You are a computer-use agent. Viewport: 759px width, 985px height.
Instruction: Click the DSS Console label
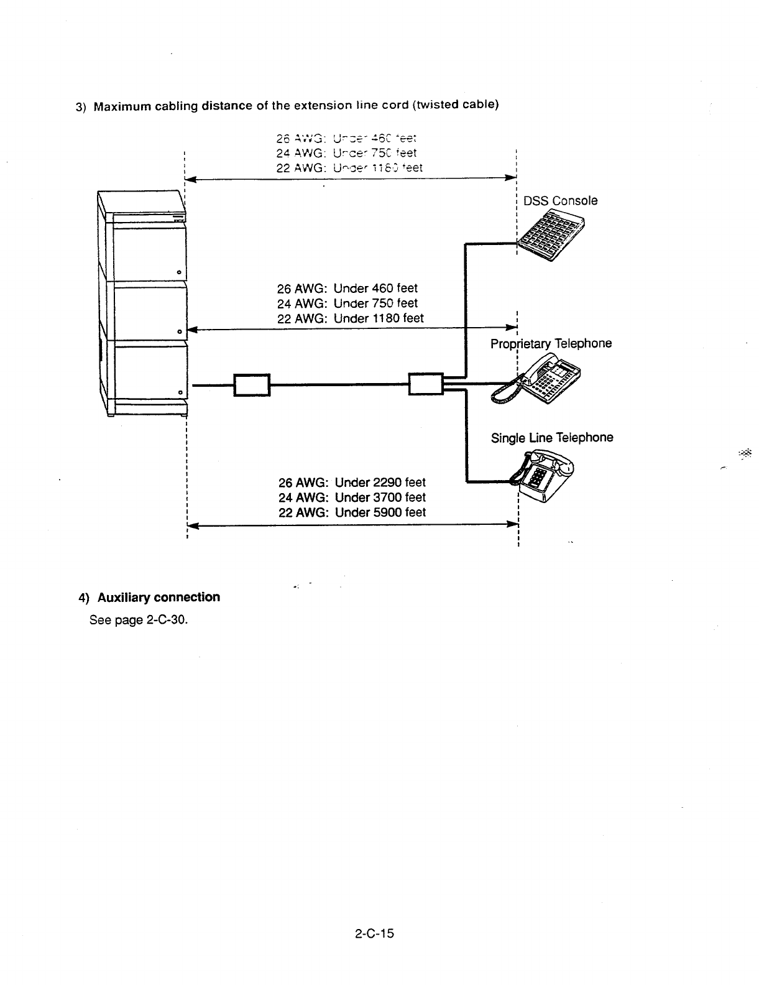[560, 201]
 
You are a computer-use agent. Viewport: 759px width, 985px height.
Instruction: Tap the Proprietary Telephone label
[551, 344]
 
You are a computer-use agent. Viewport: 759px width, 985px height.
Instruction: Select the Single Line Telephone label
[552, 438]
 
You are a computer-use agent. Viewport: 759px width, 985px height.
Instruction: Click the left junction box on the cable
[251, 385]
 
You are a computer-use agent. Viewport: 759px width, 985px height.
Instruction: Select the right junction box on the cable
[426, 384]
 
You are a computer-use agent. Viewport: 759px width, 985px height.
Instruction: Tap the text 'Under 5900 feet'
[380, 512]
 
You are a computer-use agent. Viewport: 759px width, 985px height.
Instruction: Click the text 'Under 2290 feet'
[380, 483]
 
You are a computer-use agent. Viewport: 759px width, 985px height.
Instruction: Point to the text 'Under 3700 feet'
[380, 497]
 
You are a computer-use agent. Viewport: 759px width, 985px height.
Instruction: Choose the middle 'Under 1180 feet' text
[379, 318]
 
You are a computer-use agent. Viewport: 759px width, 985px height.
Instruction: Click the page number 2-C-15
[375, 933]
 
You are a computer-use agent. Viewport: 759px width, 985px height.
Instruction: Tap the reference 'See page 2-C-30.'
[139, 621]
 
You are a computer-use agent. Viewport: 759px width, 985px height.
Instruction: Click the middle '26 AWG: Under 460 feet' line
[347, 289]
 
